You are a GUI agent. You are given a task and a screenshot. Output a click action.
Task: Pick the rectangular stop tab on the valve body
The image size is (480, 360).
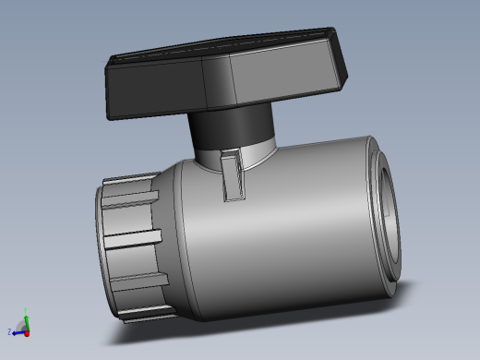(233, 175)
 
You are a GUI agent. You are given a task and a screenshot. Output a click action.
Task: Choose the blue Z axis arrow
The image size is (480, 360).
(17, 329)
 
